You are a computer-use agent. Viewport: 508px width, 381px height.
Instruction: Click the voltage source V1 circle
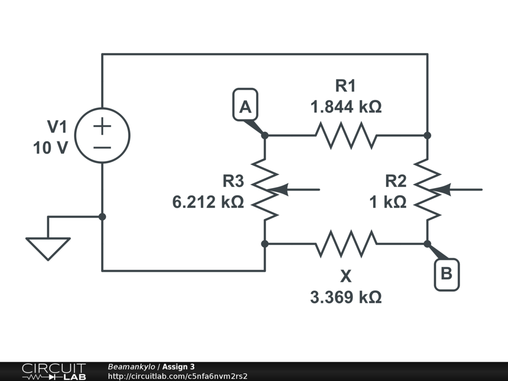pos(102,135)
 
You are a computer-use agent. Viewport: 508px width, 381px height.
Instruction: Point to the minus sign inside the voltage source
pos(102,147)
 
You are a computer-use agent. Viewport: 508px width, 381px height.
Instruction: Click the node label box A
pos(245,104)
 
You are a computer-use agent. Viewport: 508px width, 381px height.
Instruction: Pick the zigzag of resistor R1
pos(346,135)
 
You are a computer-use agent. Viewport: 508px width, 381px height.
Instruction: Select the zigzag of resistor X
pos(346,244)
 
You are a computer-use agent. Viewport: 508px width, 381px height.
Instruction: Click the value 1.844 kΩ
pos(346,107)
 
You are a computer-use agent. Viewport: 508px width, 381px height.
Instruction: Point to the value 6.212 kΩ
pos(208,202)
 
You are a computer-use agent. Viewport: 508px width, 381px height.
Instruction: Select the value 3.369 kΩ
pos(346,297)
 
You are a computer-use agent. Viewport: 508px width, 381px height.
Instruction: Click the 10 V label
pos(50,147)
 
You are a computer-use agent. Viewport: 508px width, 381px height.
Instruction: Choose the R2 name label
pos(395,182)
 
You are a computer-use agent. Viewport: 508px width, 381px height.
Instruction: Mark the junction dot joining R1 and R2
pos(428,135)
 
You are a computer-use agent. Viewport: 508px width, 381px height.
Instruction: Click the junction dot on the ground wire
pos(102,217)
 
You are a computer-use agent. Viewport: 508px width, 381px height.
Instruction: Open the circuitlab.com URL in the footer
pos(177,376)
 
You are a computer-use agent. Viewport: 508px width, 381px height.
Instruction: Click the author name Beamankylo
pos(131,367)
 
